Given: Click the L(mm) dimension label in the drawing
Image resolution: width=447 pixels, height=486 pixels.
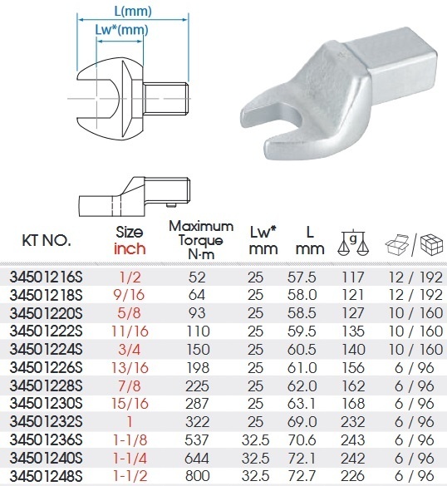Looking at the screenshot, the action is (133, 11).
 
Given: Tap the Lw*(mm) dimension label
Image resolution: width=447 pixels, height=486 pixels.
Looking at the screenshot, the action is (121, 30).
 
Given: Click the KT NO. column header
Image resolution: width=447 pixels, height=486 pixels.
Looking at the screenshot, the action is (47, 240).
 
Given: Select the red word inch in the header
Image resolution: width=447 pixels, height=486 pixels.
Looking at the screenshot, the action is (130, 248).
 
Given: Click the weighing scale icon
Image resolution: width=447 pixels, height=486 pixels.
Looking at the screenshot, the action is (353, 243).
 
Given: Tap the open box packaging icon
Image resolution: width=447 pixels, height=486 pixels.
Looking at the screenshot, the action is (397, 245).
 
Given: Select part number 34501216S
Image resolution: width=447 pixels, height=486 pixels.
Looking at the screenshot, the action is (47, 277).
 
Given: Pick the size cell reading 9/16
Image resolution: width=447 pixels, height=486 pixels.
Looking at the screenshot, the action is (129, 295).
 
